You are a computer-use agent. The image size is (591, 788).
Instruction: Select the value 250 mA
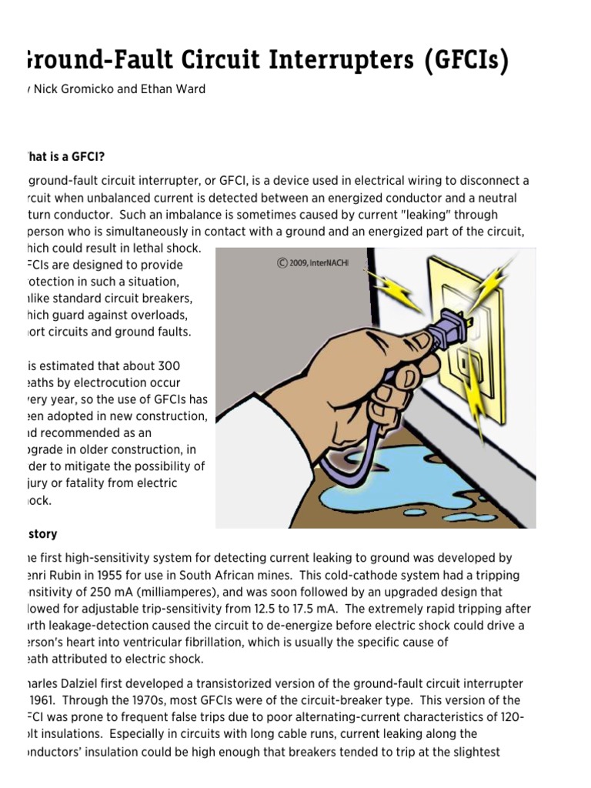point(107,592)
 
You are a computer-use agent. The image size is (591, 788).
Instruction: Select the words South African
point(261,575)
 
